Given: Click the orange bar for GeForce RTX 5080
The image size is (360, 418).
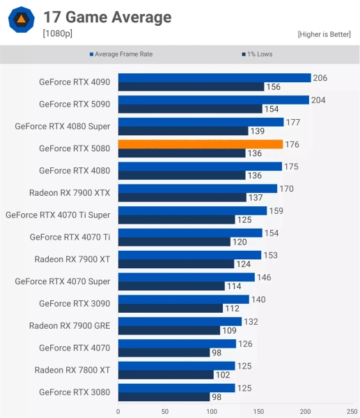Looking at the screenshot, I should pos(201,144).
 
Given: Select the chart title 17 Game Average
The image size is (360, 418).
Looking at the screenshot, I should pos(107,17).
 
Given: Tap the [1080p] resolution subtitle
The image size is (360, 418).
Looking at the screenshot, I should pos(57,33).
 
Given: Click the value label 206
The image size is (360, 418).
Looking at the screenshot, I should pos(320,78).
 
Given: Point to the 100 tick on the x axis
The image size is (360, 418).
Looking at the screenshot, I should pos(212,411).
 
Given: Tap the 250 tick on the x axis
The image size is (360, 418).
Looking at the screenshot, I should pos(352,411).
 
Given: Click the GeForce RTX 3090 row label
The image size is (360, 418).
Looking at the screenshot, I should pos(75,304).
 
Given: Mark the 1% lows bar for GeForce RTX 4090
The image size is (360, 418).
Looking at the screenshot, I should pos(191,87).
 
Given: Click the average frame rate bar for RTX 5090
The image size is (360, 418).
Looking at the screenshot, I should pos(213,100).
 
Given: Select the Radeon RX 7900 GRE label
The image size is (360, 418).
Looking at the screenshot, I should pos(70,325).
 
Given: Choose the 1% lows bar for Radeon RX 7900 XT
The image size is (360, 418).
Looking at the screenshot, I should pos(176,264).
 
